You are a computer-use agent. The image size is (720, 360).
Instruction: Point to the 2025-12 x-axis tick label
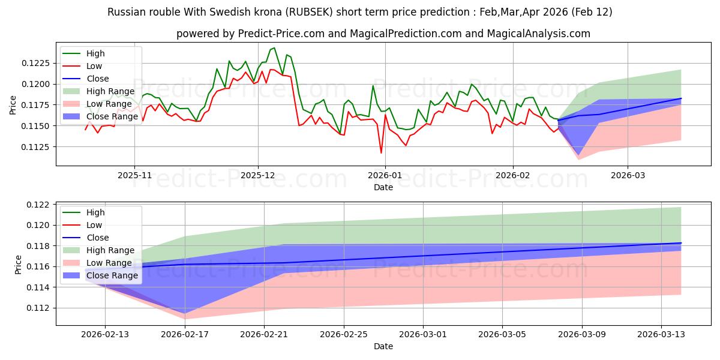258,175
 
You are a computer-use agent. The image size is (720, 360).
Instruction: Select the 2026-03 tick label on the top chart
628,175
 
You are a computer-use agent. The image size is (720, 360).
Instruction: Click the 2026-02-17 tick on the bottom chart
185,334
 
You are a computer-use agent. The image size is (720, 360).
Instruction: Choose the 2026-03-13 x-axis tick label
661,334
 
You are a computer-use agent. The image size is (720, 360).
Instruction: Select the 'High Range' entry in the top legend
111,91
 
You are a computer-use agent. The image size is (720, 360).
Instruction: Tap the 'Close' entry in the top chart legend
98,79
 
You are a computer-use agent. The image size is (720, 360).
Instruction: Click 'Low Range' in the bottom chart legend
110,263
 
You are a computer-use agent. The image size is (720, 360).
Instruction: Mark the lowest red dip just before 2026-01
381,153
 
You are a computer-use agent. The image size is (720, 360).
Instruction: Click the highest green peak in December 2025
274,48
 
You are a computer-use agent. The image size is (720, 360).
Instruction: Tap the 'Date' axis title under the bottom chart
383,346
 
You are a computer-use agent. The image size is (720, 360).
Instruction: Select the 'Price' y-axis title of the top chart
13,105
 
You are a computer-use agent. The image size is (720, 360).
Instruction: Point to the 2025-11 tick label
134,175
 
